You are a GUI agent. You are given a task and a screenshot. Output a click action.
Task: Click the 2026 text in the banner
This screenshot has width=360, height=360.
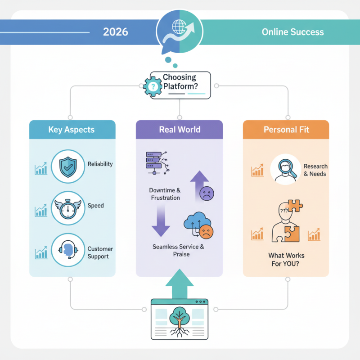[x=116, y=32]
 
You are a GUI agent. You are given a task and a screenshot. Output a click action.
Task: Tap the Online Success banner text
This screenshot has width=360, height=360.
[x=292, y=32]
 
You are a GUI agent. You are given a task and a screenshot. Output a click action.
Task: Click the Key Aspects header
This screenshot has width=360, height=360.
[x=72, y=130]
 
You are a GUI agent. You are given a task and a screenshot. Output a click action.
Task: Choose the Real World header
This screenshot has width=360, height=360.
[x=180, y=130]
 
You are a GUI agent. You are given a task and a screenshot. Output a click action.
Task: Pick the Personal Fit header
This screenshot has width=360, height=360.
[x=286, y=130]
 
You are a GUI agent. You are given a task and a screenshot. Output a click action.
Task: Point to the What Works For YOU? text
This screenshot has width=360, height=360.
[x=286, y=259]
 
